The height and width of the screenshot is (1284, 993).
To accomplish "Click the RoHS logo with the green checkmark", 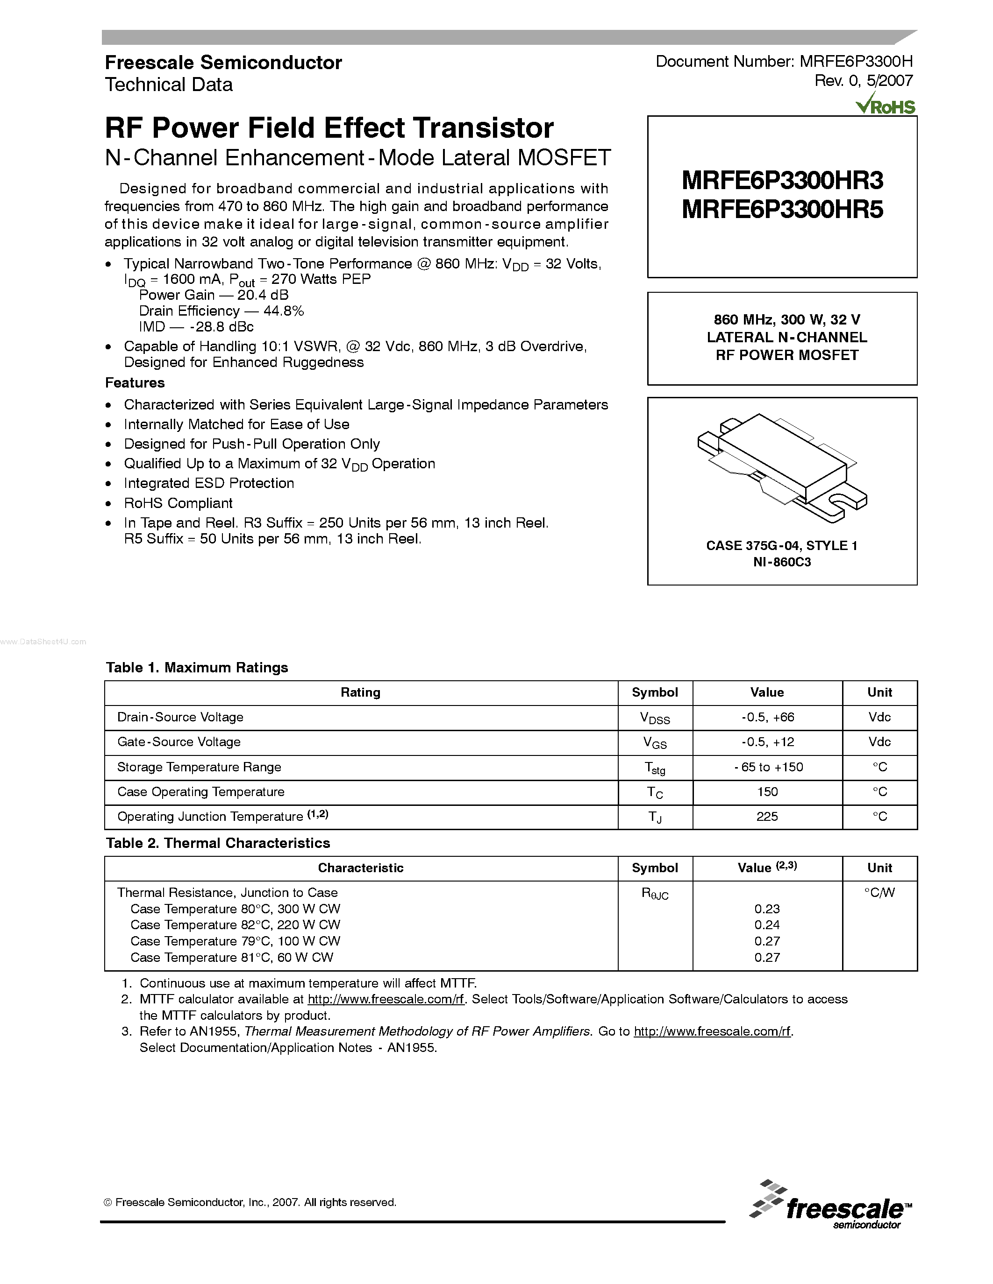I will point(886,105).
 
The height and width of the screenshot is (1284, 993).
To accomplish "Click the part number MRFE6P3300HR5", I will point(782,210).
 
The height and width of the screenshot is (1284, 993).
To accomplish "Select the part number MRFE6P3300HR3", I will point(782,181).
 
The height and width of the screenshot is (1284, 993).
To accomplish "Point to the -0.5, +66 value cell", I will point(767,717).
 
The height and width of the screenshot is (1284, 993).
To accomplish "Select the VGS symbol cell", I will point(655,742).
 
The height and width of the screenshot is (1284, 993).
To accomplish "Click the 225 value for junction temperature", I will point(767,817).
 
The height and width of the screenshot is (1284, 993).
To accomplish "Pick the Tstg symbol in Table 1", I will point(655,768).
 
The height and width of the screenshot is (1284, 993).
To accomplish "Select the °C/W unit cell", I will point(879,892).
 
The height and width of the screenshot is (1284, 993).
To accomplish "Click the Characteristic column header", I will point(361,868).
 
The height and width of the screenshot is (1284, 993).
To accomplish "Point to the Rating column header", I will point(361,692).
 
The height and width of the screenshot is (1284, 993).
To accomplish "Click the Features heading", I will point(135,383).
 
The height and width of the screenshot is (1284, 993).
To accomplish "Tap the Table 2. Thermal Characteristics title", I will point(218,843).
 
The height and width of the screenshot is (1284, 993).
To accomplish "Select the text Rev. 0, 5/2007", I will point(863,81).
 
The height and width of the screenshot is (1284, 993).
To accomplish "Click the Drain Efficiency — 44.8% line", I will point(221,311).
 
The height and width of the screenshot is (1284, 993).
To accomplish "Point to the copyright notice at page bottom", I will point(250,1202).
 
